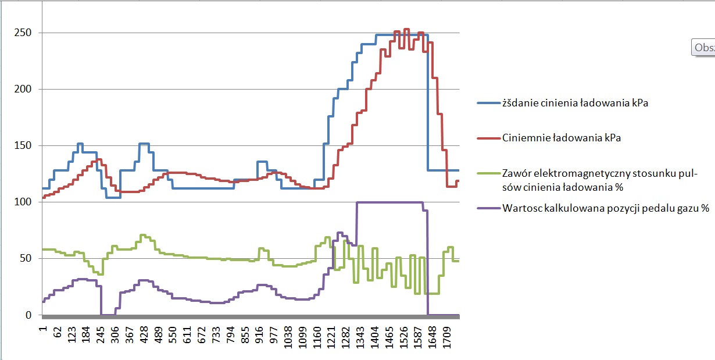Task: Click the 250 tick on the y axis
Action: tap(23, 33)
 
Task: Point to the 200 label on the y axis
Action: tap(23, 89)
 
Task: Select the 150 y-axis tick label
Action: tap(23, 145)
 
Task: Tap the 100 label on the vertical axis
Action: tap(23, 202)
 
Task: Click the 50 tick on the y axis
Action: tap(26, 258)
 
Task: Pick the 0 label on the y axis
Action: tap(28, 315)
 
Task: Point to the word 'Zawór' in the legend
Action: tap(516, 173)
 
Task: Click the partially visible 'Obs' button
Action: tap(703, 48)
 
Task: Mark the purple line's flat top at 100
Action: tap(389, 202)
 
